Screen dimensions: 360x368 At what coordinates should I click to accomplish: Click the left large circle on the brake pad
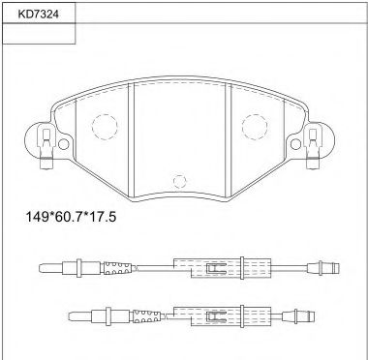(103, 126)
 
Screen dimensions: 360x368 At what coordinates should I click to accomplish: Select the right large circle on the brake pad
(254, 126)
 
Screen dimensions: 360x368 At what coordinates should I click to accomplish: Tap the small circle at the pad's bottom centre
(177, 180)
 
